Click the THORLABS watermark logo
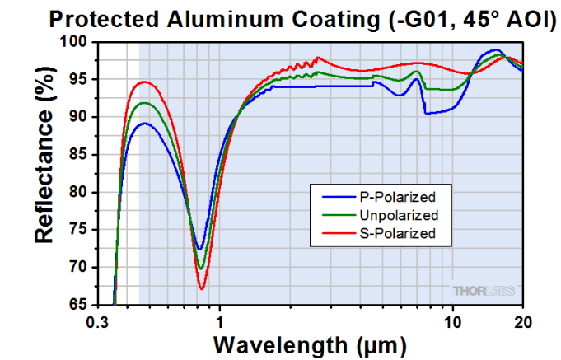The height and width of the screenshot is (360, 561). coord(483,291)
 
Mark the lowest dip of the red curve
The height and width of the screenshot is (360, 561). coord(202,288)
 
